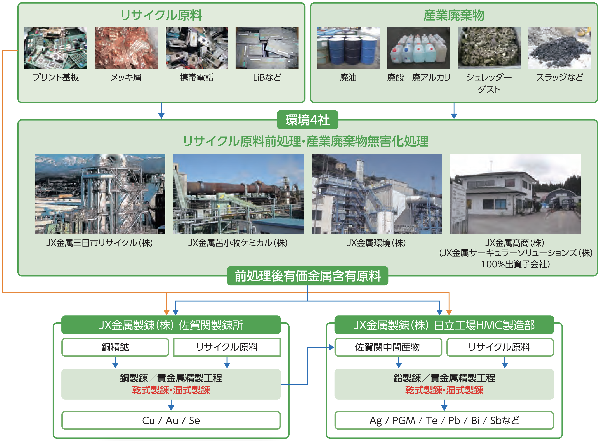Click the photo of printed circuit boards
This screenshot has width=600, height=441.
pyautogui.click(x=55, y=48)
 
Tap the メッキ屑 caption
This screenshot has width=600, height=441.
pyautogui.click(x=126, y=77)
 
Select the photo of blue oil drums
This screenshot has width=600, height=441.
pyautogui.click(x=348, y=48)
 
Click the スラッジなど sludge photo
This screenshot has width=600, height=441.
pyautogui.click(x=559, y=48)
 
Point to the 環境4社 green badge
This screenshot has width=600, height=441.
pyautogui.click(x=307, y=120)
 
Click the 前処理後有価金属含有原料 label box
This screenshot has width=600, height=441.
pyautogui.click(x=307, y=276)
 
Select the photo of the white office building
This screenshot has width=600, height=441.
pyautogui.click(x=515, y=194)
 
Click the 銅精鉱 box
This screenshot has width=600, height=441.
pyautogui.click(x=115, y=347)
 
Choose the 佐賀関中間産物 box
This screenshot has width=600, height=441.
pyautogui.click(x=388, y=347)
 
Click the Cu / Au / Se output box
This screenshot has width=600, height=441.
pyautogui.click(x=171, y=420)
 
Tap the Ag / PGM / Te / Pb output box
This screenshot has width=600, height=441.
pyautogui.click(x=444, y=420)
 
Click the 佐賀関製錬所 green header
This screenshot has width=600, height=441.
pyautogui.click(x=171, y=325)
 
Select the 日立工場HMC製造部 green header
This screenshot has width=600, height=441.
pyautogui.click(x=444, y=325)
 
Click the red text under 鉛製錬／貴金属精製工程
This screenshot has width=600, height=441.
pyautogui.click(x=444, y=390)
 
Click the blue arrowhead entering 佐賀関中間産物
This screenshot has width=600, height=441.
pyautogui.click(x=331, y=347)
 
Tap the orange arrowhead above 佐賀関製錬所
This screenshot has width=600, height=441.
pyautogui.click(x=167, y=312)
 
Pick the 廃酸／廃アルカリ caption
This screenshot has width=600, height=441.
pyautogui.click(x=419, y=77)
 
